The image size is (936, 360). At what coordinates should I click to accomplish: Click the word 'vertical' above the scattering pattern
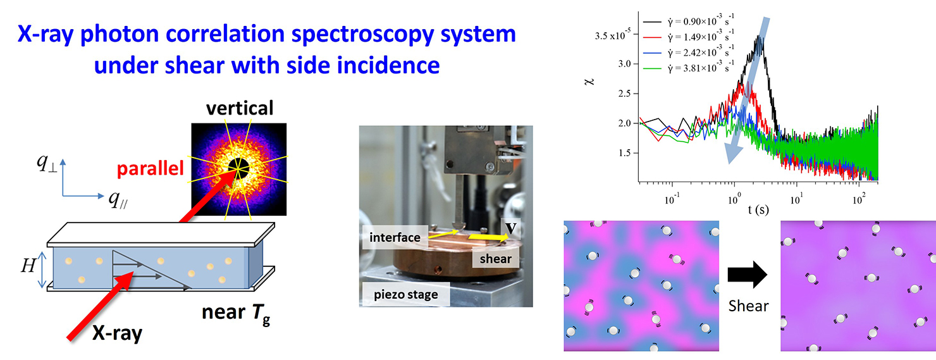click(240, 108)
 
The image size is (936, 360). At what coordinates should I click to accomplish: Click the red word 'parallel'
click(151, 168)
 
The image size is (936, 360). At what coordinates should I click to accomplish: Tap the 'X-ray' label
click(117, 333)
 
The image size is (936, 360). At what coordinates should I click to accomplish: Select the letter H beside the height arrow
click(28, 265)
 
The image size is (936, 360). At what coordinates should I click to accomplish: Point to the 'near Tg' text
click(236, 314)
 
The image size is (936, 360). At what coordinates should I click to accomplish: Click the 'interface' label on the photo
click(395, 237)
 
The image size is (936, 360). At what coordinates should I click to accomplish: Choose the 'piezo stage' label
click(406, 294)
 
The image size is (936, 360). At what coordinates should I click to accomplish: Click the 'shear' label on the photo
click(496, 259)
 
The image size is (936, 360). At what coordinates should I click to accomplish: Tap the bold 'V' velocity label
click(510, 228)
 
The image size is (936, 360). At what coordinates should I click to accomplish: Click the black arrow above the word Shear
click(747, 275)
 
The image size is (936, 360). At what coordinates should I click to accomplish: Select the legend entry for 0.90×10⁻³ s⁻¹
click(689, 21)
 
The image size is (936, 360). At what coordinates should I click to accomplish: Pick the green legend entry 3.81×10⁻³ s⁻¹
click(689, 67)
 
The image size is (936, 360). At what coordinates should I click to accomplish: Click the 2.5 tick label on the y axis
click(624, 94)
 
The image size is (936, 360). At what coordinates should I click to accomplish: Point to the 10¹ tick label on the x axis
click(796, 201)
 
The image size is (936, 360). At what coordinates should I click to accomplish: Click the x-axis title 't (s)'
click(758, 209)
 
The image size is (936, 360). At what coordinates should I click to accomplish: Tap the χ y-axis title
click(589, 81)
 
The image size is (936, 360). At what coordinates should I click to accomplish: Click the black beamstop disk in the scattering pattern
click(238, 168)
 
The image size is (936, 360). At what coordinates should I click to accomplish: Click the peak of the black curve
click(759, 37)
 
